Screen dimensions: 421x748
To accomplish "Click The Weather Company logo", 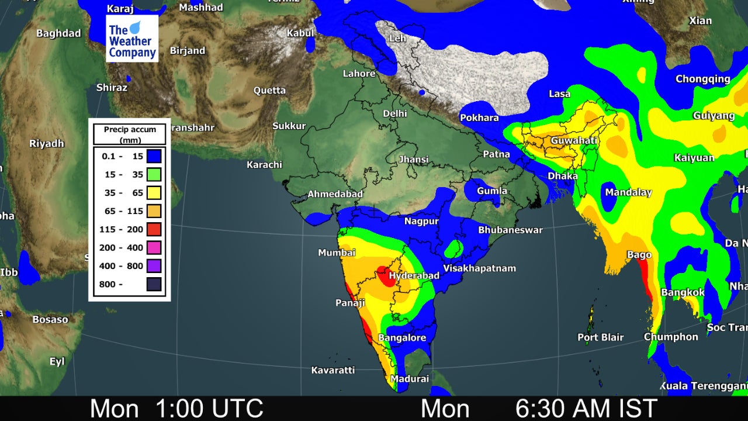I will (x=132, y=39).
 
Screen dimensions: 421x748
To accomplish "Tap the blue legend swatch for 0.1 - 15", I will (x=154, y=156).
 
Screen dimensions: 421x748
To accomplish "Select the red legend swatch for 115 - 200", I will (x=154, y=229).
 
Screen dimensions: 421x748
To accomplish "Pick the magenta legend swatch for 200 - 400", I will (x=154, y=247).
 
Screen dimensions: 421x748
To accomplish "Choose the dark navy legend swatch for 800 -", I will (x=154, y=284).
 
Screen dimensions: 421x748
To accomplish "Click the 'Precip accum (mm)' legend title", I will (x=130, y=134).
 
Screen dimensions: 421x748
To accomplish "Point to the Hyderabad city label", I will (x=414, y=275).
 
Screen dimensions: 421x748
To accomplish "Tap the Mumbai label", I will (x=337, y=253).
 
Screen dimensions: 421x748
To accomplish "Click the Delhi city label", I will (x=394, y=113).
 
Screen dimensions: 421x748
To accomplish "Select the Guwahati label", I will (x=574, y=141).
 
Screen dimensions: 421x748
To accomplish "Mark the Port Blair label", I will (x=600, y=337).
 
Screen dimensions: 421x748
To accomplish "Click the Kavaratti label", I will (x=333, y=370).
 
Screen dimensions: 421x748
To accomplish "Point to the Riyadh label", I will (x=47, y=144).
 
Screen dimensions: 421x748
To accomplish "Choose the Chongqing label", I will (x=702, y=79).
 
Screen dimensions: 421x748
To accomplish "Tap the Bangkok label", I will (x=683, y=292).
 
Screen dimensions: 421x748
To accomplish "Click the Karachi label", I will (x=264, y=165).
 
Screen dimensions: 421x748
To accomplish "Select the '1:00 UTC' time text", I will (x=209, y=408).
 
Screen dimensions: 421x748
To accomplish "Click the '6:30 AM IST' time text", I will (x=586, y=408).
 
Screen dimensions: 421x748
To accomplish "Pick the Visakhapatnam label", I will (x=479, y=268).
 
